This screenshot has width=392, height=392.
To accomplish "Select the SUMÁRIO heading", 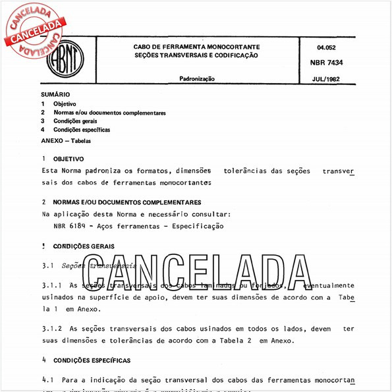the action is click(55, 95).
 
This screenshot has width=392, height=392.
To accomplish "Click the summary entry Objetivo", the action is click(65, 104).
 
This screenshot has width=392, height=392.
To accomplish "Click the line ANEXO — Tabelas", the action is click(66, 141).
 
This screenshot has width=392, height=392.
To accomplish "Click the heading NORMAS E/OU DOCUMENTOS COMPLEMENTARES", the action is click(127, 202).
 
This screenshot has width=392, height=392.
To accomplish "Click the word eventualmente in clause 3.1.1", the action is click(326, 285).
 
